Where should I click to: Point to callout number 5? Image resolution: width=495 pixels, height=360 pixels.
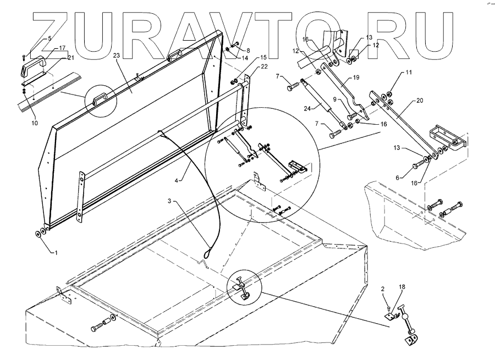[50, 38]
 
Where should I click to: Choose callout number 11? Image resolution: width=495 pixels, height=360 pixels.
[408, 72]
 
